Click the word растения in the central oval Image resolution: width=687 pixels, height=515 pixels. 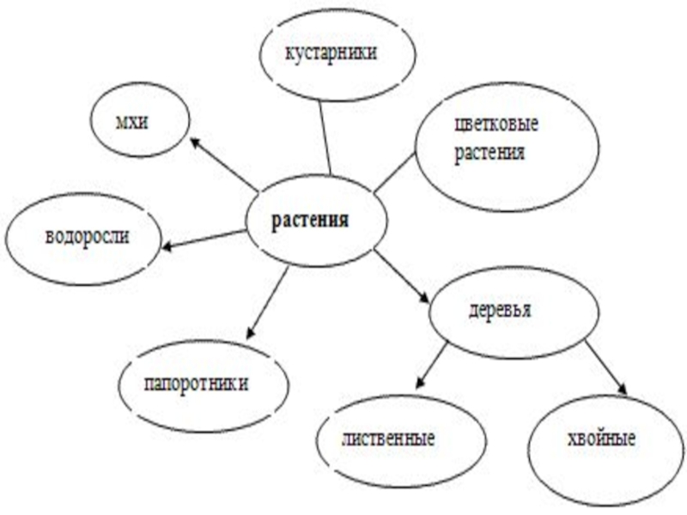click(310, 220)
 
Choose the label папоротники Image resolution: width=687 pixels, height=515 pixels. click(197, 383)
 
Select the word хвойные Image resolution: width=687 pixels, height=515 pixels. click(601, 440)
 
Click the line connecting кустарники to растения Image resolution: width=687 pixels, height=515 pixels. click(325, 137)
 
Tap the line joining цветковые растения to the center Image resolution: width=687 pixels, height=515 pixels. click(395, 172)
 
